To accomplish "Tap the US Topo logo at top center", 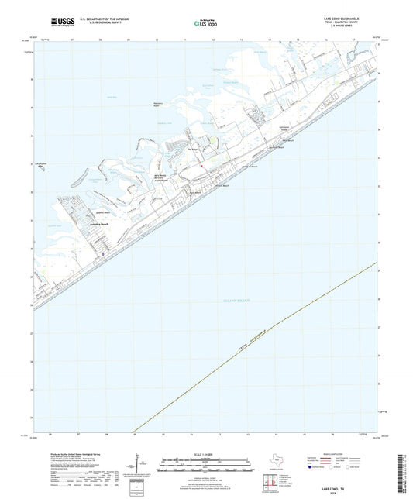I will pos(205,24).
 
